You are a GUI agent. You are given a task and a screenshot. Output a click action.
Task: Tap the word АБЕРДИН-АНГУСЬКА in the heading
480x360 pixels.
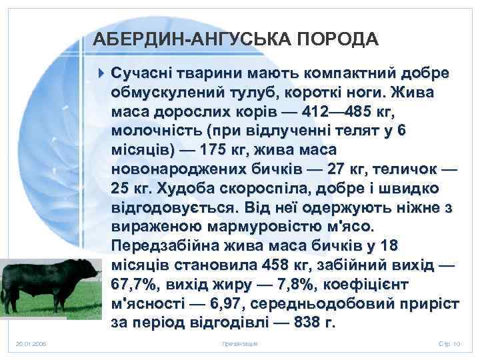[x=183, y=38]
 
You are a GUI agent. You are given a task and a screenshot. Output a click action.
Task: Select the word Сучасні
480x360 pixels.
[x=141, y=71]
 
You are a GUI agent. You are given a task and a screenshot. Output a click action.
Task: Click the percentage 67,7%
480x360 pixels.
[x=134, y=284]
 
